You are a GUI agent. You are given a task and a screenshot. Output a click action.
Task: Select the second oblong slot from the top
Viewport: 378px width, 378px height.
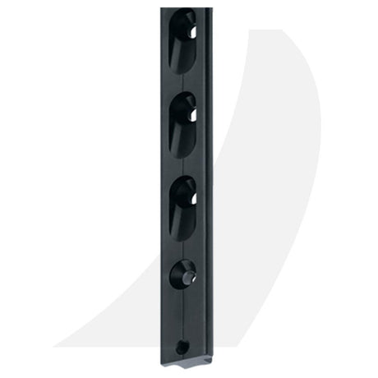click(x=182, y=123)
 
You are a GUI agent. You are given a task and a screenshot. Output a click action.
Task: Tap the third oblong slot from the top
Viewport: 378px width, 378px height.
click(x=182, y=207)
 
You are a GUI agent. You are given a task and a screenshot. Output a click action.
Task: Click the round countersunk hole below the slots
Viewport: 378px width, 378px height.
click(x=182, y=274)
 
